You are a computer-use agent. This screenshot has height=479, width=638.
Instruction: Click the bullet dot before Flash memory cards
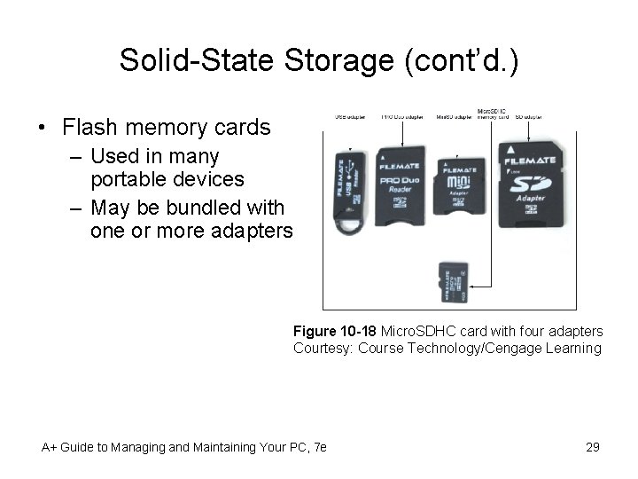coord(43,128)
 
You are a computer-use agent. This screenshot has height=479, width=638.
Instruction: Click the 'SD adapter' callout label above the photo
coord(533,116)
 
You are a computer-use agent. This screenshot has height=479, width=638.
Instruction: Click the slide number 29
coord(593,447)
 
